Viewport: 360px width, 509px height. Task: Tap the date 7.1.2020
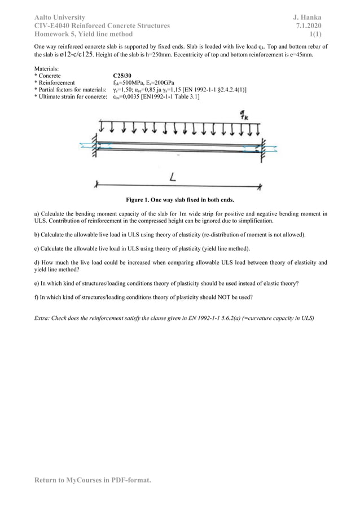coord(309,26)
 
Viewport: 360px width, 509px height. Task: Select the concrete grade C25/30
coord(122,75)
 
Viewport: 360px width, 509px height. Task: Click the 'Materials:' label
coord(48,68)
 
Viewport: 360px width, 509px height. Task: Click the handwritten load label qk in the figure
coord(244,116)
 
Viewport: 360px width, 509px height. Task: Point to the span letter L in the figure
coord(173,177)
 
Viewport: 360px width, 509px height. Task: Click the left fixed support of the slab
coord(94,145)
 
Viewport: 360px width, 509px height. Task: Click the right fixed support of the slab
coord(262,146)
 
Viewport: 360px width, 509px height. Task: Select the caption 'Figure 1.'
coord(140,200)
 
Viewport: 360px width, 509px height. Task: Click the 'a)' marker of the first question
coord(37,214)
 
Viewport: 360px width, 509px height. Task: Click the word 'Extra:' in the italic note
coord(44,318)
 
